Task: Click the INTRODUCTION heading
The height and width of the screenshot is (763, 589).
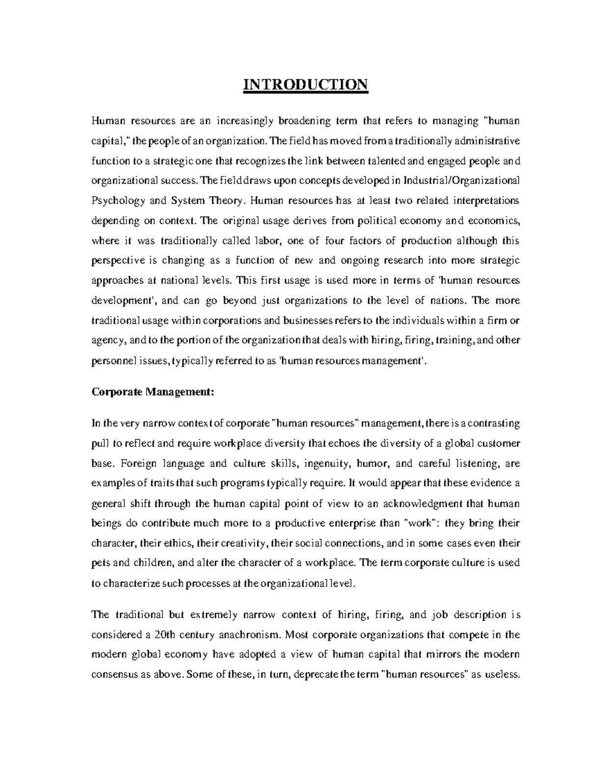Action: click(x=305, y=85)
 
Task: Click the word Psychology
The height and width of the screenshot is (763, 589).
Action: click(x=118, y=201)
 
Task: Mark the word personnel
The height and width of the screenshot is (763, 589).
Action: click(x=111, y=361)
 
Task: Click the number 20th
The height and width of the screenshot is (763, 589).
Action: click(x=165, y=634)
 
